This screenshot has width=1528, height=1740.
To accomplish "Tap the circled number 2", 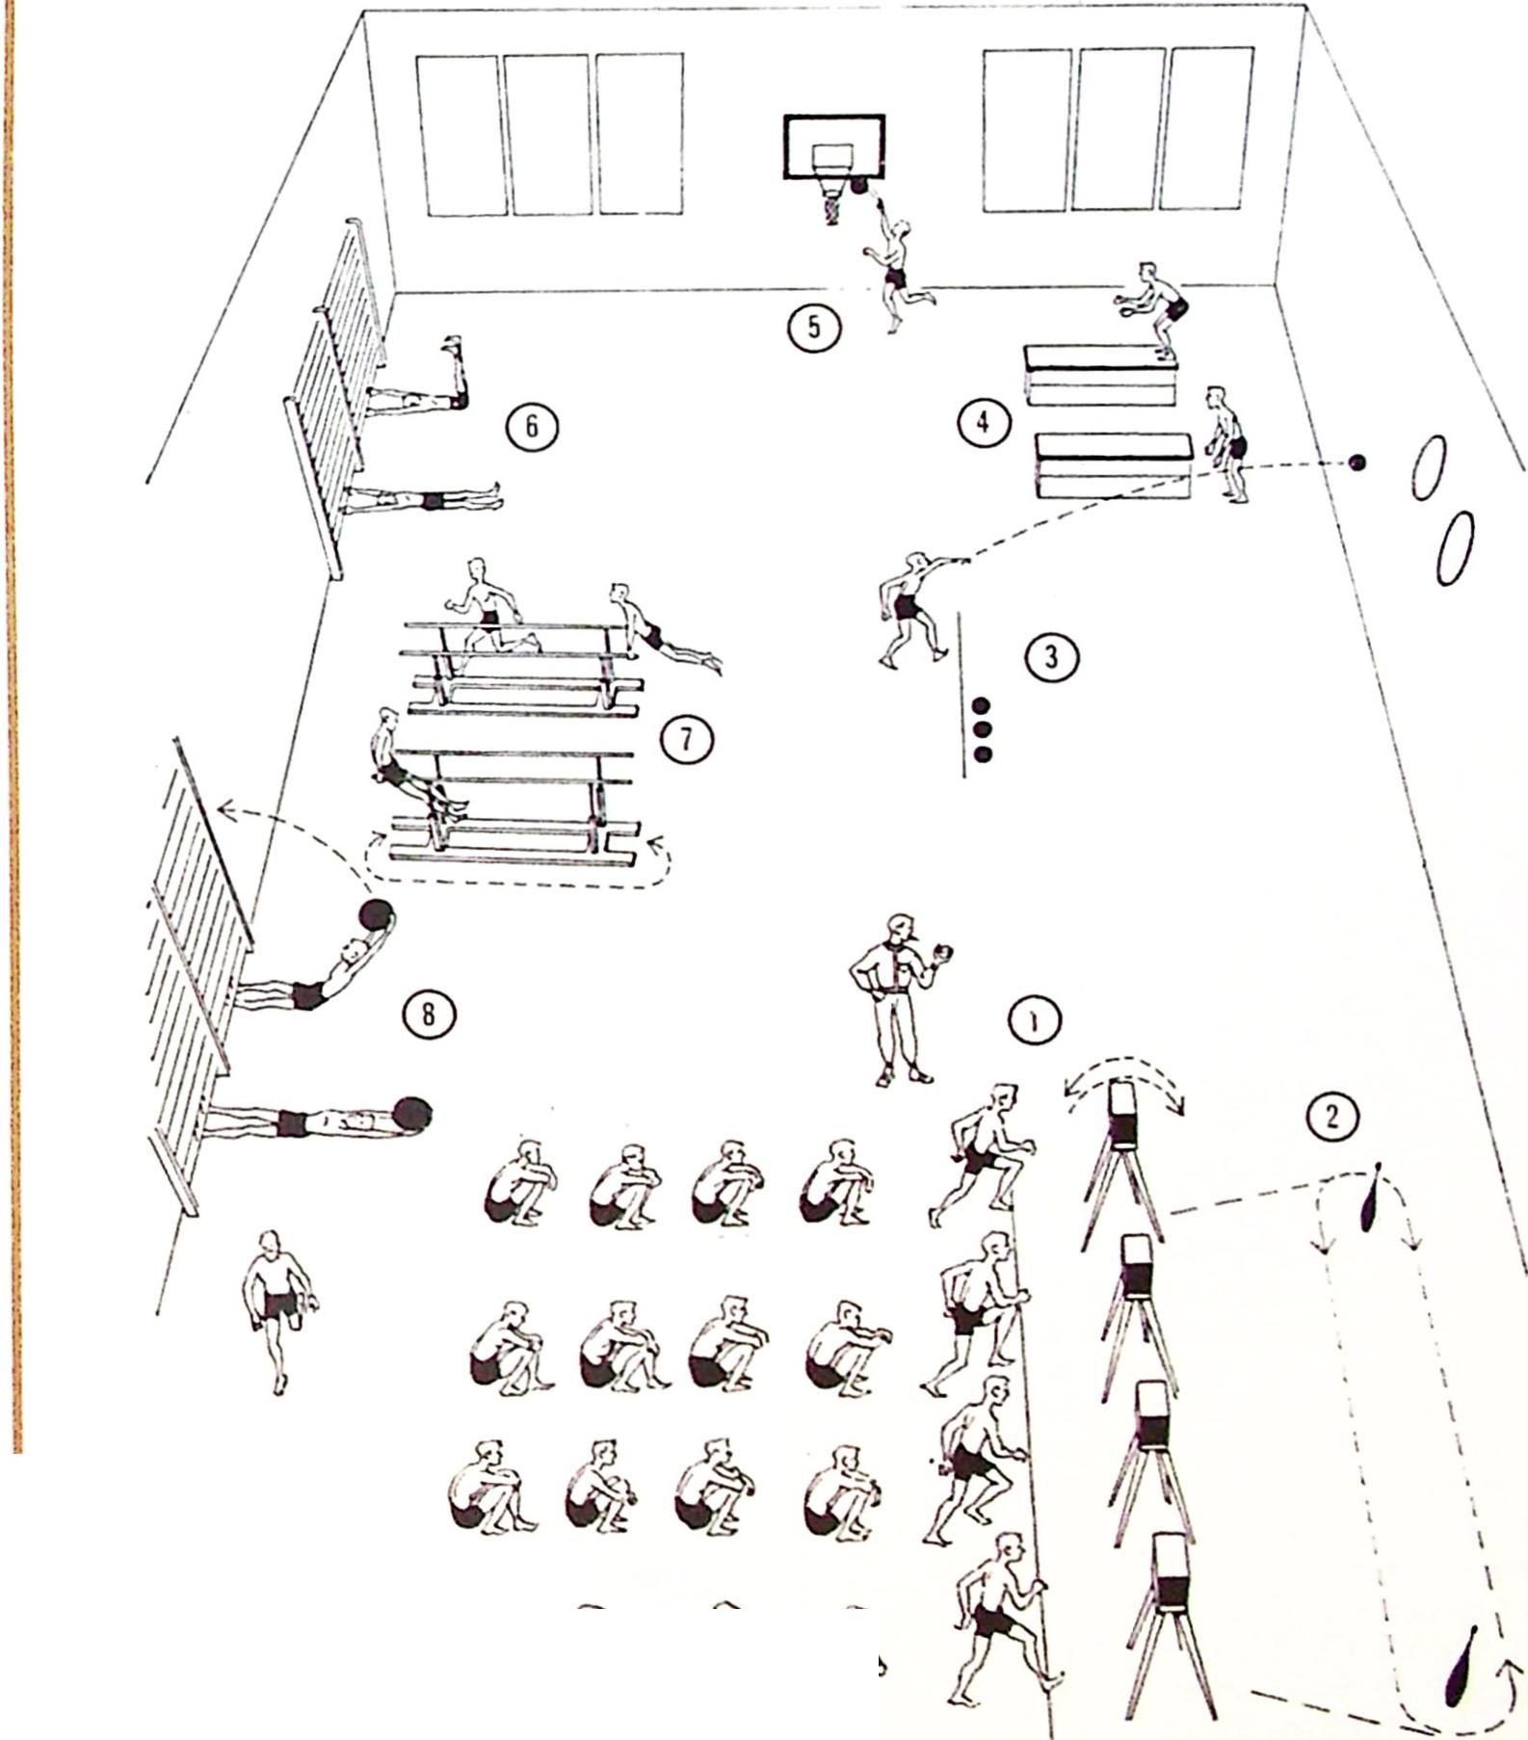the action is coord(1332,1116).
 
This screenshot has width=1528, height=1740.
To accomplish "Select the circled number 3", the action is coord(1051,657).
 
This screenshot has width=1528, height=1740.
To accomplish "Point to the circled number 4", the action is coord(983,422).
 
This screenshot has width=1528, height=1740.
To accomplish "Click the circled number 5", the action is coord(814,328).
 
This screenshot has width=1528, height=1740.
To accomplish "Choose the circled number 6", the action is coord(533,426).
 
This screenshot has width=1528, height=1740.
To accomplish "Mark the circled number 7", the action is coord(686,739).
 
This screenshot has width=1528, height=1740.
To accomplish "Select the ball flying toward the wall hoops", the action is coord(1357,463).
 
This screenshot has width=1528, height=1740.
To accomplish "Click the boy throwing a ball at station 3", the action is coord(909,607).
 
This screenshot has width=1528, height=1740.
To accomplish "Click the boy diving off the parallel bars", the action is coord(660,631).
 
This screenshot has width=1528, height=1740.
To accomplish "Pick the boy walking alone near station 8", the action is coord(279,1306).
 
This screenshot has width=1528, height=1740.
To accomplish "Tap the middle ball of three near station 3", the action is coord(983,729).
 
